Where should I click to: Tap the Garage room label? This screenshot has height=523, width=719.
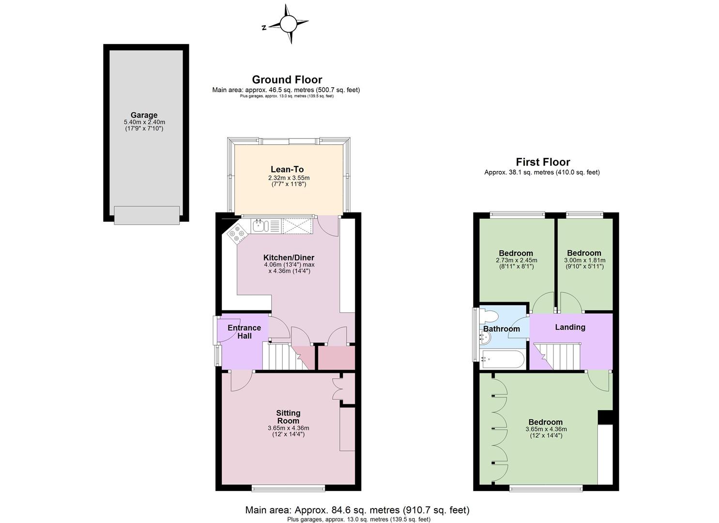coord(144,115)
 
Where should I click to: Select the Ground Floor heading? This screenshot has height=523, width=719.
coord(287,79)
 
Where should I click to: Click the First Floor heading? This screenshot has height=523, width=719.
coord(543,162)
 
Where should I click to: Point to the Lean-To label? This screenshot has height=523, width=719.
coord(287,169)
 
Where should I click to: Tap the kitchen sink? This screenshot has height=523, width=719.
coord(260,226)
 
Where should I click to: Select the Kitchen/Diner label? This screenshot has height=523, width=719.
coord(289,258)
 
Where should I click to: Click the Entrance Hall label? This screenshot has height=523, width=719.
coord(245,332)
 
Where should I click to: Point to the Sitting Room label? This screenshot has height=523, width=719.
coord(288,417)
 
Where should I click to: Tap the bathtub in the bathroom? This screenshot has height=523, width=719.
coord(503,359)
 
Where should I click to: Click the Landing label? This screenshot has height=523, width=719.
coord(570,327)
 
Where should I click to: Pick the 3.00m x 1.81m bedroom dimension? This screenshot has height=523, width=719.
coord(584,260)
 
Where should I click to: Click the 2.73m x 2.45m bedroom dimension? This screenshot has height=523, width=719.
coord(516,260)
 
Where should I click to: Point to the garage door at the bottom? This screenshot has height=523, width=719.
coord(147,215)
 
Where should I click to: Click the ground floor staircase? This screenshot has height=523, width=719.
coord(286,356)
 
